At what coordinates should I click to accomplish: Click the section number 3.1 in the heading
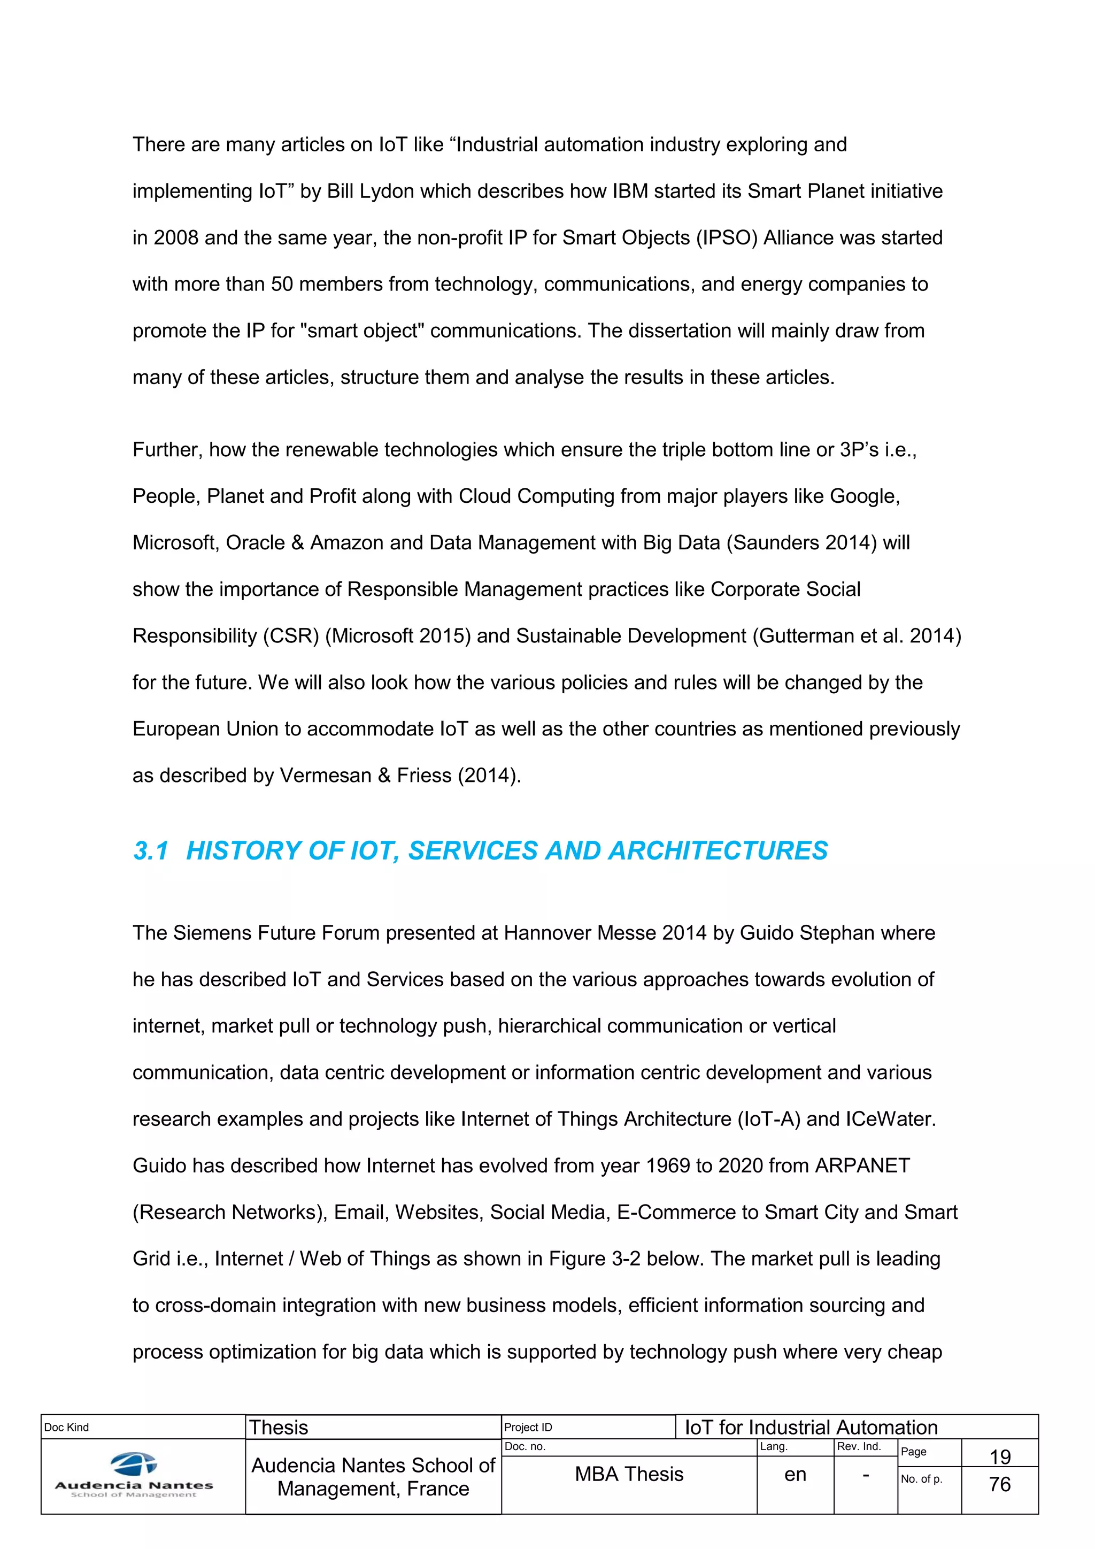coord(150,851)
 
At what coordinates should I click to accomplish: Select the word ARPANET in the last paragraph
coord(862,1166)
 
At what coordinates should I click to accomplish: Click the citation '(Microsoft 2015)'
coord(398,636)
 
